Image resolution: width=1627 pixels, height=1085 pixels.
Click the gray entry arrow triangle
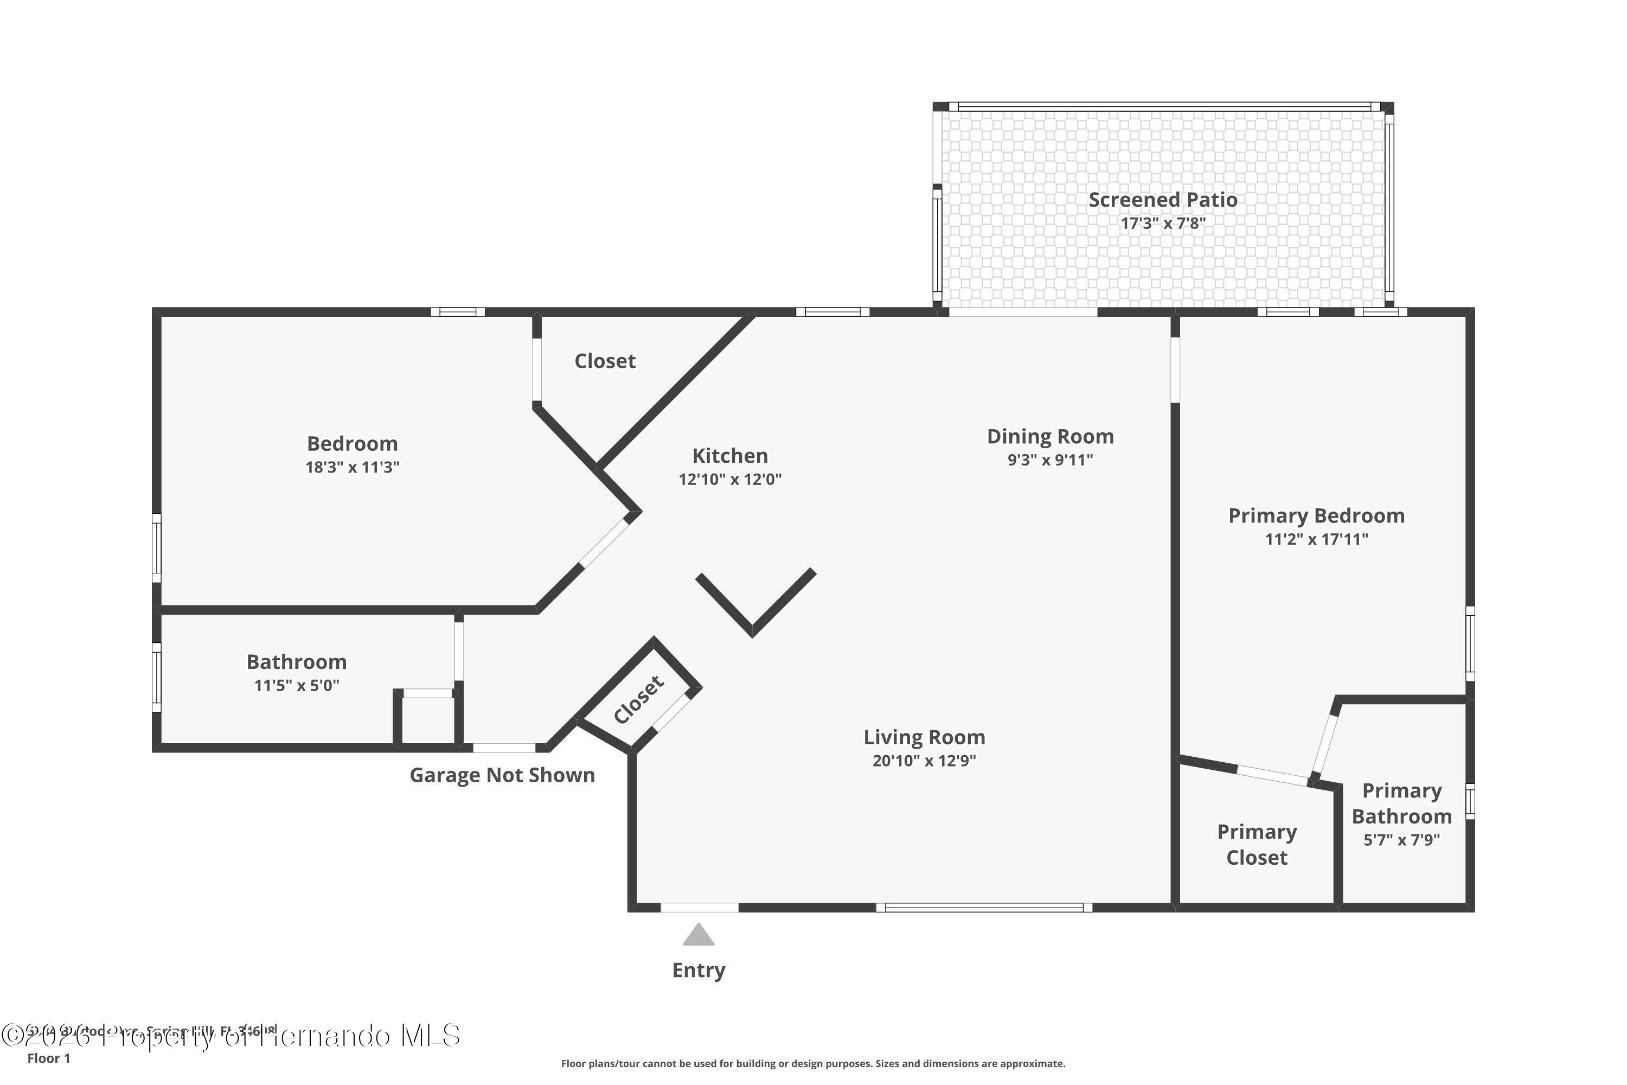click(x=698, y=935)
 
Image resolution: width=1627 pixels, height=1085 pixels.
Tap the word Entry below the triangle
click(x=699, y=970)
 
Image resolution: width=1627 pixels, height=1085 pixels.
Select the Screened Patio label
click(x=1163, y=200)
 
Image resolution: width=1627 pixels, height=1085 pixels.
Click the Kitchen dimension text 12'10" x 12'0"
click(x=730, y=479)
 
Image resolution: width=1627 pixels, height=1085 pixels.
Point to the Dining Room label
click(x=1050, y=437)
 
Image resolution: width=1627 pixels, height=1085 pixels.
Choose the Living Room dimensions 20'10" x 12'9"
click(x=924, y=761)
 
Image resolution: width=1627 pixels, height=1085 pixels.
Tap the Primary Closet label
click(x=1257, y=844)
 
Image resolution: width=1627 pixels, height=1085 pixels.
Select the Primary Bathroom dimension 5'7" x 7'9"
click(x=1401, y=840)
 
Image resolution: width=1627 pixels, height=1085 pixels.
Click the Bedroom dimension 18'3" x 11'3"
click(x=352, y=467)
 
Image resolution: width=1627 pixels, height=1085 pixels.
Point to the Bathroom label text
click(x=297, y=662)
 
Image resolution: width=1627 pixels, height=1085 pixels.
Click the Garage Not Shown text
click(x=502, y=775)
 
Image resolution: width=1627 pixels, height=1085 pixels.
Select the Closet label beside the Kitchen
click(x=605, y=361)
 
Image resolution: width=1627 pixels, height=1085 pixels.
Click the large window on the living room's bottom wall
click(x=984, y=907)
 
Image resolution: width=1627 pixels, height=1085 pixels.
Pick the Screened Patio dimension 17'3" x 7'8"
click(x=1163, y=224)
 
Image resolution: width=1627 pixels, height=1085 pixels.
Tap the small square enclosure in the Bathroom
click(x=427, y=720)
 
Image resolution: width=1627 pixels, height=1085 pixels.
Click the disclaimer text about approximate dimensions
click(x=813, y=1063)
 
